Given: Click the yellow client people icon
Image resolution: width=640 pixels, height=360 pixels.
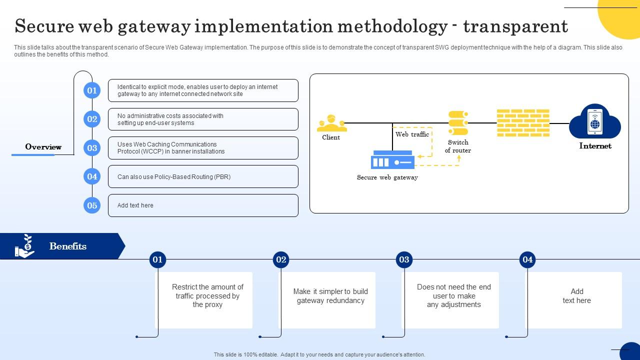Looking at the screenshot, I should (331, 123).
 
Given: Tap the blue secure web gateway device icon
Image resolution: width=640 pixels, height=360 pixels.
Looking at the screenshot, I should (392, 160).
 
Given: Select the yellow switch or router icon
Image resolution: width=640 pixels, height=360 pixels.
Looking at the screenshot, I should (458, 123).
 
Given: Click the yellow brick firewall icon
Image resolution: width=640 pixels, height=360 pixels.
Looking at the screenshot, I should (523, 123).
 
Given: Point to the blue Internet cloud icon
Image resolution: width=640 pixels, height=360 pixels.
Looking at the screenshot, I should (594, 121).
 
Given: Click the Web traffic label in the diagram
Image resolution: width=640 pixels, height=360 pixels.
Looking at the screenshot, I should (412, 134).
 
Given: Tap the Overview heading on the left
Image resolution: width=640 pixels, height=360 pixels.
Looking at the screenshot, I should (43, 147).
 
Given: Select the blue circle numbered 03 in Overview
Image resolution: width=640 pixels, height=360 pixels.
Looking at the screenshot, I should (92, 148).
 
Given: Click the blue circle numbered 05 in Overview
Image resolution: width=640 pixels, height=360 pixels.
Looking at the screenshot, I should (92, 205).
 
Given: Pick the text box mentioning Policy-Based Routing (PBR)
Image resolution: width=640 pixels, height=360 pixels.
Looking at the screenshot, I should (203, 177).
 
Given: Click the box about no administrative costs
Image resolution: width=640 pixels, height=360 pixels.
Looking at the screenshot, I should (203, 119).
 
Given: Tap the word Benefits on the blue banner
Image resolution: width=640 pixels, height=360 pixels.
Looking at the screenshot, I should (68, 246).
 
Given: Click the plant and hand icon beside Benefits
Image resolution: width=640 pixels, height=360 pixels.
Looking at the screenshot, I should (24, 246).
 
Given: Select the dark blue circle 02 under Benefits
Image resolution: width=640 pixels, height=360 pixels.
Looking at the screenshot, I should (281, 259).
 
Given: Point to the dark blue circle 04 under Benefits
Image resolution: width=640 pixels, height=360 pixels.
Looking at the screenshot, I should (527, 259).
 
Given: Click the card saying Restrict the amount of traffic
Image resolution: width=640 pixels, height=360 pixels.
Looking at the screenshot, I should (207, 300).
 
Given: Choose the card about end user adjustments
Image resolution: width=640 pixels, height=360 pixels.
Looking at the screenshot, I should (453, 300).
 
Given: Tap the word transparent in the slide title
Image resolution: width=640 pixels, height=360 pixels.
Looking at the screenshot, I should (515, 26).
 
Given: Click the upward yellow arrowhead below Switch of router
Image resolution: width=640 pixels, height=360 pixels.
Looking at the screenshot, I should (458, 157).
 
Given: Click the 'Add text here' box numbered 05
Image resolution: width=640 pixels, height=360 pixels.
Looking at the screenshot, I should (203, 205).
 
